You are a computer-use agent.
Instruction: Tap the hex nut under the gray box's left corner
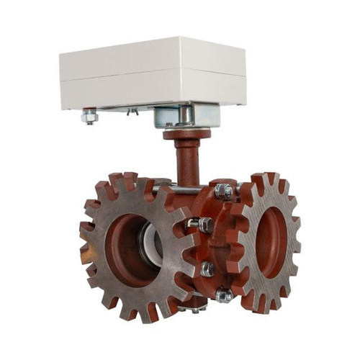tap(89, 116)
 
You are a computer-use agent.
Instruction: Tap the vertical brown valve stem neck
tap(186, 162)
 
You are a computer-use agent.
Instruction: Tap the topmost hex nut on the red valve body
tap(222, 191)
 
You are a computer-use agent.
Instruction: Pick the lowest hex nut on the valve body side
tap(224, 294)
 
